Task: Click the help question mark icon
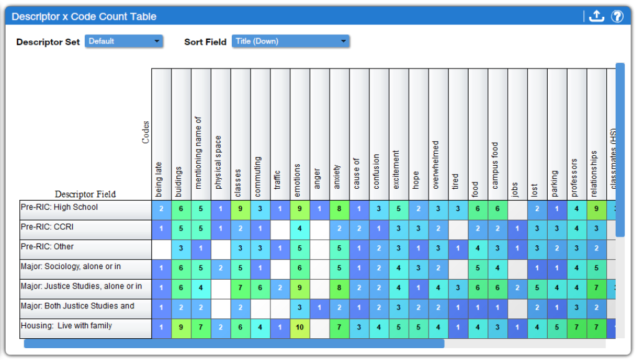pos(617,17)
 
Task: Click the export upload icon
pos(596,17)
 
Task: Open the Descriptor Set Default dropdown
pos(123,41)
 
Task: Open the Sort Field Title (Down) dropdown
pos(290,41)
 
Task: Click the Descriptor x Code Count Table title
pos(84,17)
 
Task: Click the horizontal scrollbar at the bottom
pos(234,343)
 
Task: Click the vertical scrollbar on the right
pos(620,149)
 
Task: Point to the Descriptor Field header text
pos(85,194)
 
